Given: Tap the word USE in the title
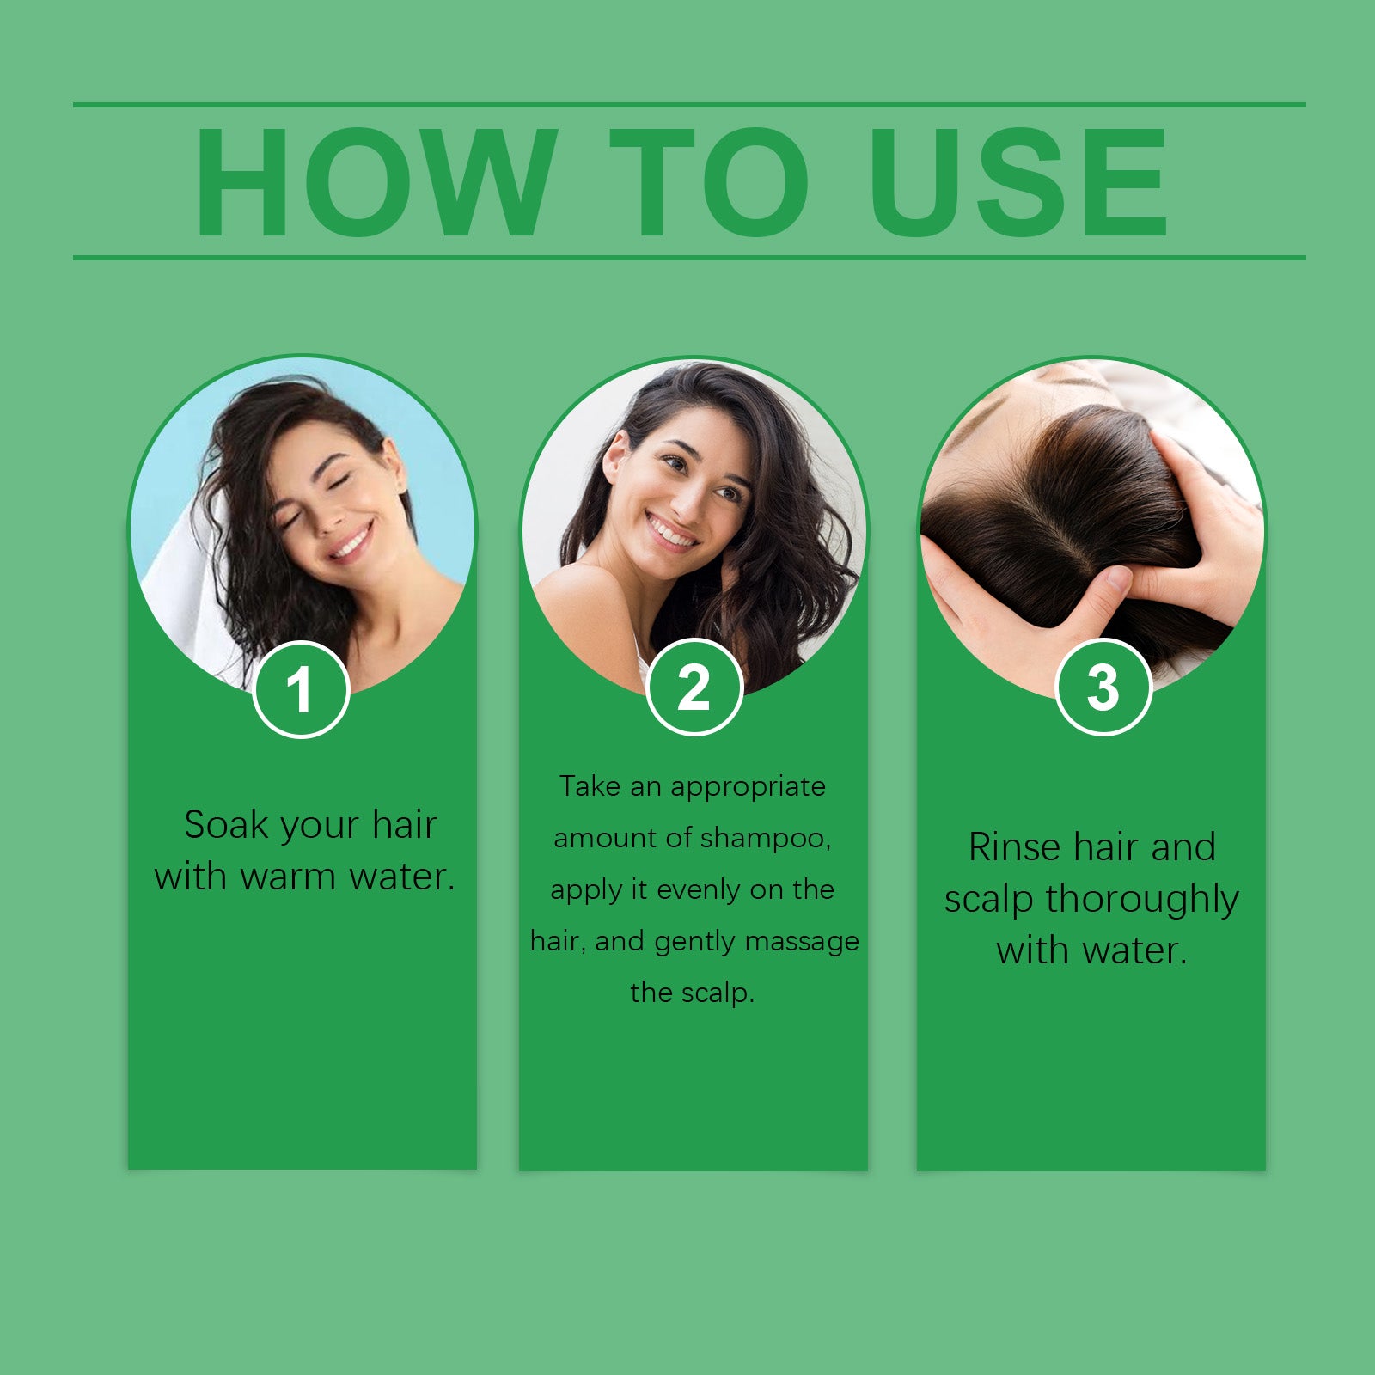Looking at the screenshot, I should coord(1018,182).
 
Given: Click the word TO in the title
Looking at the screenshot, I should coord(709,182).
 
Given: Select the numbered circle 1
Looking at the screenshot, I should coord(301,689).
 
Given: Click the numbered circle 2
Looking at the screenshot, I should coord(694,687).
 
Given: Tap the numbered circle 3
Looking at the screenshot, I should coord(1103,687).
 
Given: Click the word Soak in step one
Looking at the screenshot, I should coord(226,825).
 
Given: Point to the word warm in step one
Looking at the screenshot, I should coord(288,877).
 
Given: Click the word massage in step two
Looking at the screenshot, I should coord(801,942).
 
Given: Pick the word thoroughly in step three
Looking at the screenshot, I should coord(1141,901).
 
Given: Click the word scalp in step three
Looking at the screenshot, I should coord(988,901).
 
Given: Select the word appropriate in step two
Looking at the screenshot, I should coord(748,786).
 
